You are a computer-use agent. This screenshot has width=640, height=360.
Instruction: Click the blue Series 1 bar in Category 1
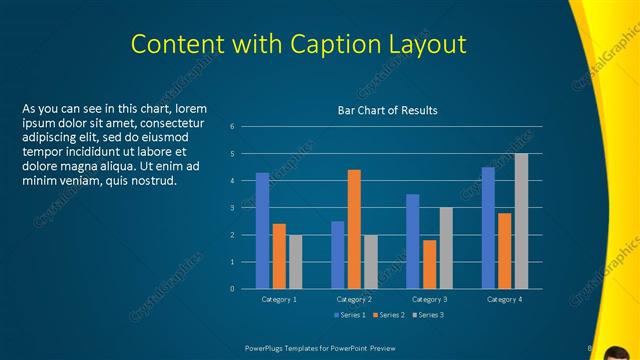(x=262, y=231)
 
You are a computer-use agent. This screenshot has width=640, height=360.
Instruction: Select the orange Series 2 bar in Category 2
(x=354, y=229)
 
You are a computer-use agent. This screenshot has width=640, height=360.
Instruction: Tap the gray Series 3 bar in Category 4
(x=521, y=221)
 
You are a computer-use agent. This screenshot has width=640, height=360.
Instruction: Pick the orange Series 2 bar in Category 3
(x=429, y=264)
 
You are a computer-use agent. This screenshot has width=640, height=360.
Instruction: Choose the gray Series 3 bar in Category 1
(x=295, y=262)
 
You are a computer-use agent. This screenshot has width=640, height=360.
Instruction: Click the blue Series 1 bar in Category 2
(x=338, y=255)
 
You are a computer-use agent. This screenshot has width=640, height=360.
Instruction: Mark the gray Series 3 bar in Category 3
(x=446, y=248)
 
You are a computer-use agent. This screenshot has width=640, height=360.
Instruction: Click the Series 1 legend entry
(x=350, y=315)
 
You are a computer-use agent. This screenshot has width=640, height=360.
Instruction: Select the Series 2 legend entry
(x=388, y=315)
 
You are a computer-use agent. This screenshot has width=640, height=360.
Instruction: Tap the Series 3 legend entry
(x=427, y=315)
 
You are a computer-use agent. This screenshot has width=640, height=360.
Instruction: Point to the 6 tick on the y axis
(x=231, y=127)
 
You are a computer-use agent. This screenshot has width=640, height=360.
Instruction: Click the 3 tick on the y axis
(x=231, y=208)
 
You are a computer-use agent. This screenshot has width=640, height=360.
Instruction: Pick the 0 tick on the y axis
(x=231, y=289)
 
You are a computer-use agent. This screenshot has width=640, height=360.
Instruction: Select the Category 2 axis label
(x=354, y=299)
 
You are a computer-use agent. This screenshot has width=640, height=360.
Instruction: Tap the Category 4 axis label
(x=504, y=299)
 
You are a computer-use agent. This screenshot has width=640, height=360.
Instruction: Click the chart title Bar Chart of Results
(x=387, y=110)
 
